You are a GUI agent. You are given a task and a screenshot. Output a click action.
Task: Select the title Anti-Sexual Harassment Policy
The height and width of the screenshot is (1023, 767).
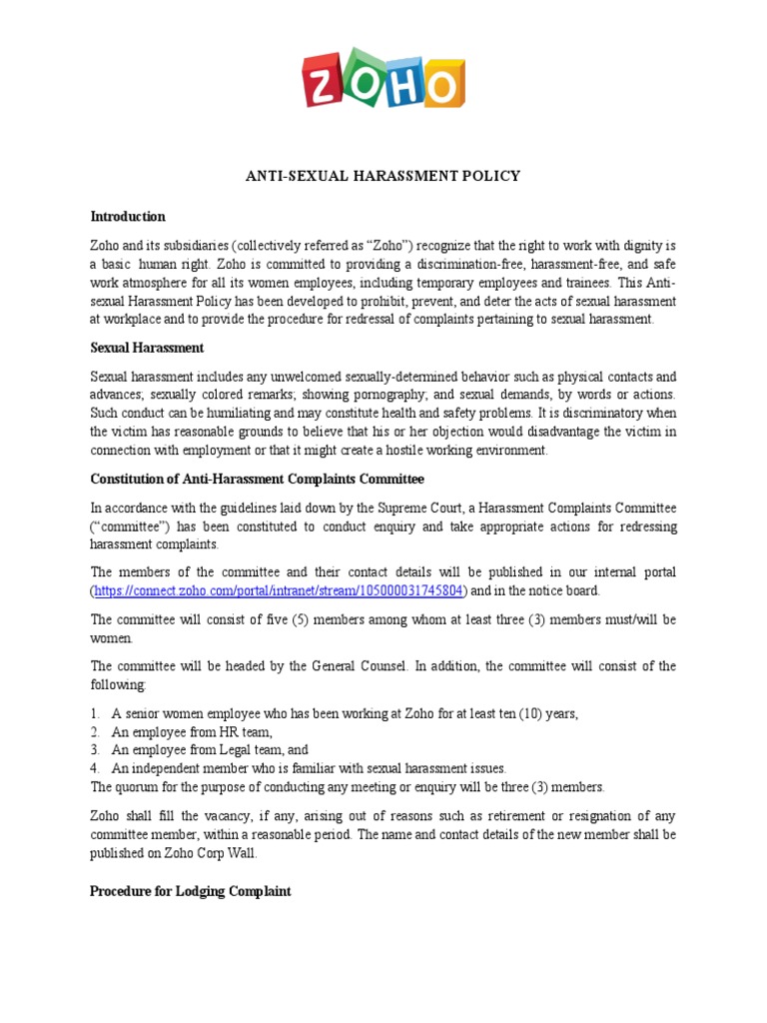[383, 176]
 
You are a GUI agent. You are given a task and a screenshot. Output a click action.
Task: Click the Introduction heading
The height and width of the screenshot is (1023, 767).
[128, 216]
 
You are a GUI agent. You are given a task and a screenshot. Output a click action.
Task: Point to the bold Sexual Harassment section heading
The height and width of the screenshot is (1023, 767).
[147, 348]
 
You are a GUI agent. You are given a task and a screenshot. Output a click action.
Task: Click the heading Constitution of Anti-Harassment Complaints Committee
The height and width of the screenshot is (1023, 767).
[257, 480]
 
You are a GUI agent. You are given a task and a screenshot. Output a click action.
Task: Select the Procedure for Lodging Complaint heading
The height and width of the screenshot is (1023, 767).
[191, 891]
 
